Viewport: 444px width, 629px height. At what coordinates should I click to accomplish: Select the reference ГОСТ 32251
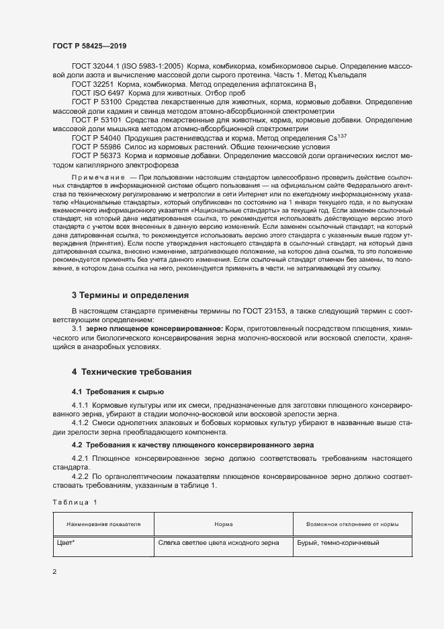click(94, 85)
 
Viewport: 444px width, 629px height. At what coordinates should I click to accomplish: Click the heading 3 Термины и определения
click(130, 295)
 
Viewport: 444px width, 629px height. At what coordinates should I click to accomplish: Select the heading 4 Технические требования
click(132, 371)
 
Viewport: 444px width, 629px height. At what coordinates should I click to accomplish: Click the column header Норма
click(223, 523)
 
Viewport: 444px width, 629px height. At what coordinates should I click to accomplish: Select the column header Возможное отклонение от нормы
click(343, 523)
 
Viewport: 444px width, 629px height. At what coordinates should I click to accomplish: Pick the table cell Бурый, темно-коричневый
click(333, 543)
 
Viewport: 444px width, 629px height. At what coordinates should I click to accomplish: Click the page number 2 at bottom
click(54, 570)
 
